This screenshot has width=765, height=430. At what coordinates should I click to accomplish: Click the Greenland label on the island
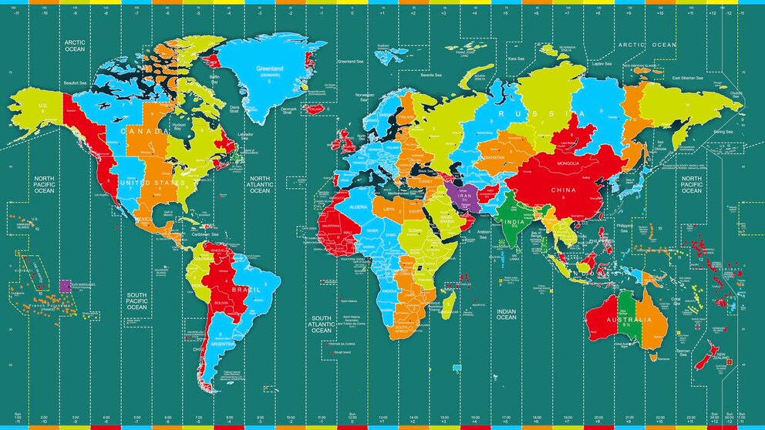coord(270,69)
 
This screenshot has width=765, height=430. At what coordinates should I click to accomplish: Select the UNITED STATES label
coord(152,183)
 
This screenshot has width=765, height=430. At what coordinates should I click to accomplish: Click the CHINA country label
coord(563,189)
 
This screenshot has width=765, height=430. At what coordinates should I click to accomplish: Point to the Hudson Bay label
coord(180,126)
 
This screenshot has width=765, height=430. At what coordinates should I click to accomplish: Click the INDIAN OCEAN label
coord(506,314)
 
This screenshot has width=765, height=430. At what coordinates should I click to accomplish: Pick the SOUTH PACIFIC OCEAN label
coord(136,301)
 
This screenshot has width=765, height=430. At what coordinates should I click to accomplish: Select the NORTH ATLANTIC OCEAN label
coord(260,184)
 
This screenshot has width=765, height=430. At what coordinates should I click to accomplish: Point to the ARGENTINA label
coord(224,344)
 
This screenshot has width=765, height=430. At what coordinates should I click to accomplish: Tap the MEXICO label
coord(143,219)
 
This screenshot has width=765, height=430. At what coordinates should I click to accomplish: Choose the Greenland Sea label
coord(350,61)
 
